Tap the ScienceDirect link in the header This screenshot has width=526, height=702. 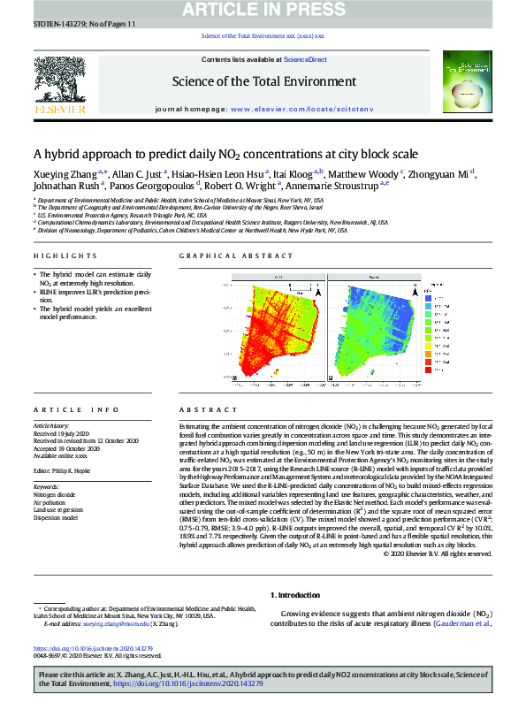click(x=305, y=58)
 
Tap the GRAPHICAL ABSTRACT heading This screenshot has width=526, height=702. click(x=226, y=256)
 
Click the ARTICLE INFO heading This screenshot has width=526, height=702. click(x=63, y=410)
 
